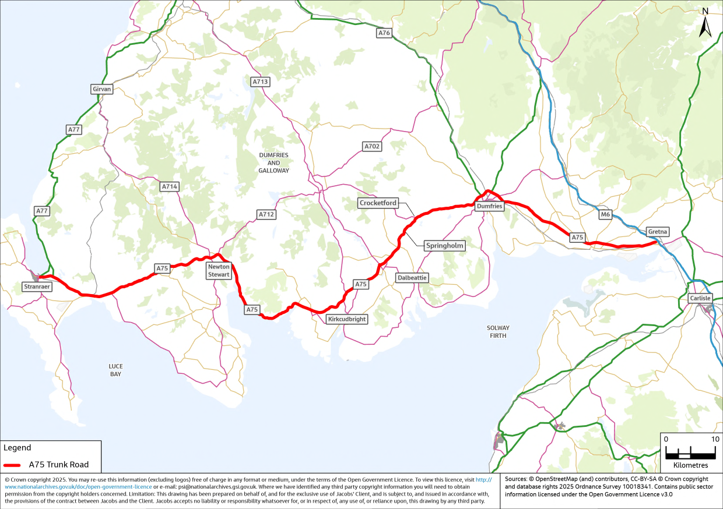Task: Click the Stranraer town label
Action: coord(38,287)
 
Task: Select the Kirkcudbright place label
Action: coord(347,319)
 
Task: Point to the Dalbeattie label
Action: coord(412,278)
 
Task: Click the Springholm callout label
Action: coord(444,246)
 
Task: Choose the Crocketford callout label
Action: coord(378,203)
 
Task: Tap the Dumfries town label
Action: coord(489,206)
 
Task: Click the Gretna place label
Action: coord(658,232)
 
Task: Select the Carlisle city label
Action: coord(700,298)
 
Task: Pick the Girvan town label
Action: coord(101,89)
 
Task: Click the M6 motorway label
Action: coord(605,215)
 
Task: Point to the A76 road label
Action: coord(384,33)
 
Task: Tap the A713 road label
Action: coord(260,82)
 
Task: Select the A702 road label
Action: coord(372,147)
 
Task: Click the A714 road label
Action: coord(170,186)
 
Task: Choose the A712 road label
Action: coord(266,214)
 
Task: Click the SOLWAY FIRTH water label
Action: coord(498,332)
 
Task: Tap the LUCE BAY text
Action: coord(115,370)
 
